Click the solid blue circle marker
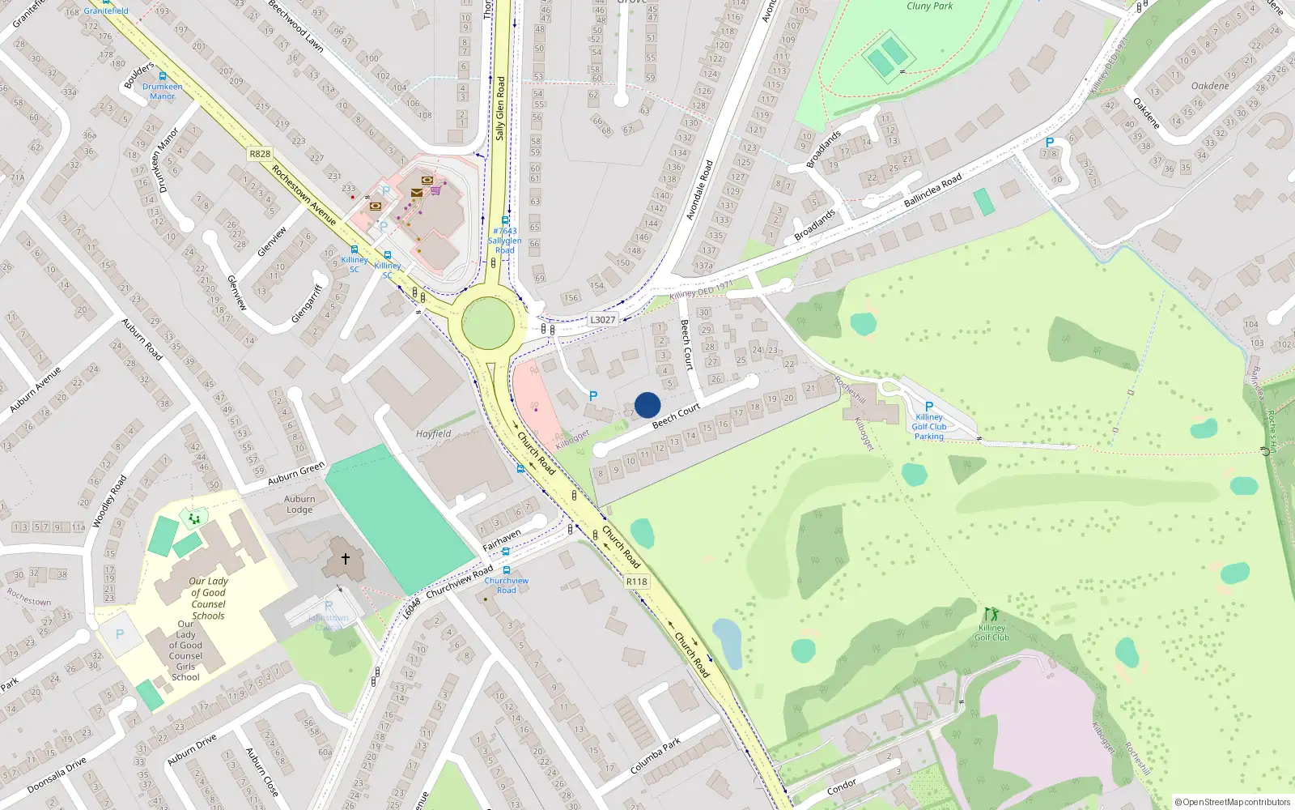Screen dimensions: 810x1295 [x=647, y=405]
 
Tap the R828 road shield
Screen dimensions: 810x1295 [x=260, y=154]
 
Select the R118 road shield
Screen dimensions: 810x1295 [x=637, y=582]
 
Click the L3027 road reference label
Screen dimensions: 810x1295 [x=602, y=320]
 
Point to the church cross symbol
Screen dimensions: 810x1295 [x=346, y=559]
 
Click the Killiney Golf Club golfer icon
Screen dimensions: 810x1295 [x=991, y=615]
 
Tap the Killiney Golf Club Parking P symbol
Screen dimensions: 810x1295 [x=929, y=407]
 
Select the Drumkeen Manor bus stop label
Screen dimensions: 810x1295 [x=163, y=91]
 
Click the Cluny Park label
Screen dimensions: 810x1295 [x=929, y=6]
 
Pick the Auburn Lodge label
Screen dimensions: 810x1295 [x=299, y=505]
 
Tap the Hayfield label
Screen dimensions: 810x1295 [x=434, y=434]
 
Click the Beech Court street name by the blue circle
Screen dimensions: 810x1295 [x=676, y=416]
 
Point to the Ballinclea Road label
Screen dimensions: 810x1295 [x=932, y=190]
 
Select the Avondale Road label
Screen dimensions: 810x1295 [x=699, y=190]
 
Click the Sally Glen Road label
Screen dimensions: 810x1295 [x=500, y=109]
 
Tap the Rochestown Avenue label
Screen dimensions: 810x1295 [x=304, y=195]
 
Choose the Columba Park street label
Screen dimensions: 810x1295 [x=656, y=756]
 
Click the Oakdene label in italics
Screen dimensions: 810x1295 [x=1210, y=86]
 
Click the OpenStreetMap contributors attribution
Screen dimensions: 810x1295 [x=1233, y=802]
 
